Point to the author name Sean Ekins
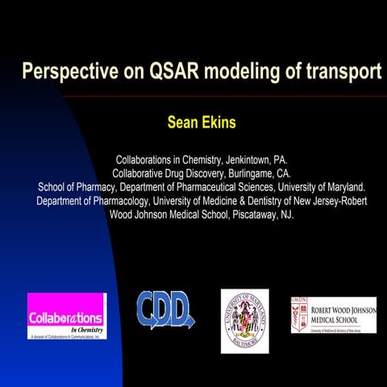point(201,123)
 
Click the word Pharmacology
point(119,201)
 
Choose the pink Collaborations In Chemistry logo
point(66,316)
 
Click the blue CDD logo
point(164,310)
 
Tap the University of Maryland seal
point(244,320)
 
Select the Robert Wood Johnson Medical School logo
point(333,314)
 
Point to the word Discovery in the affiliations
point(212,173)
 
